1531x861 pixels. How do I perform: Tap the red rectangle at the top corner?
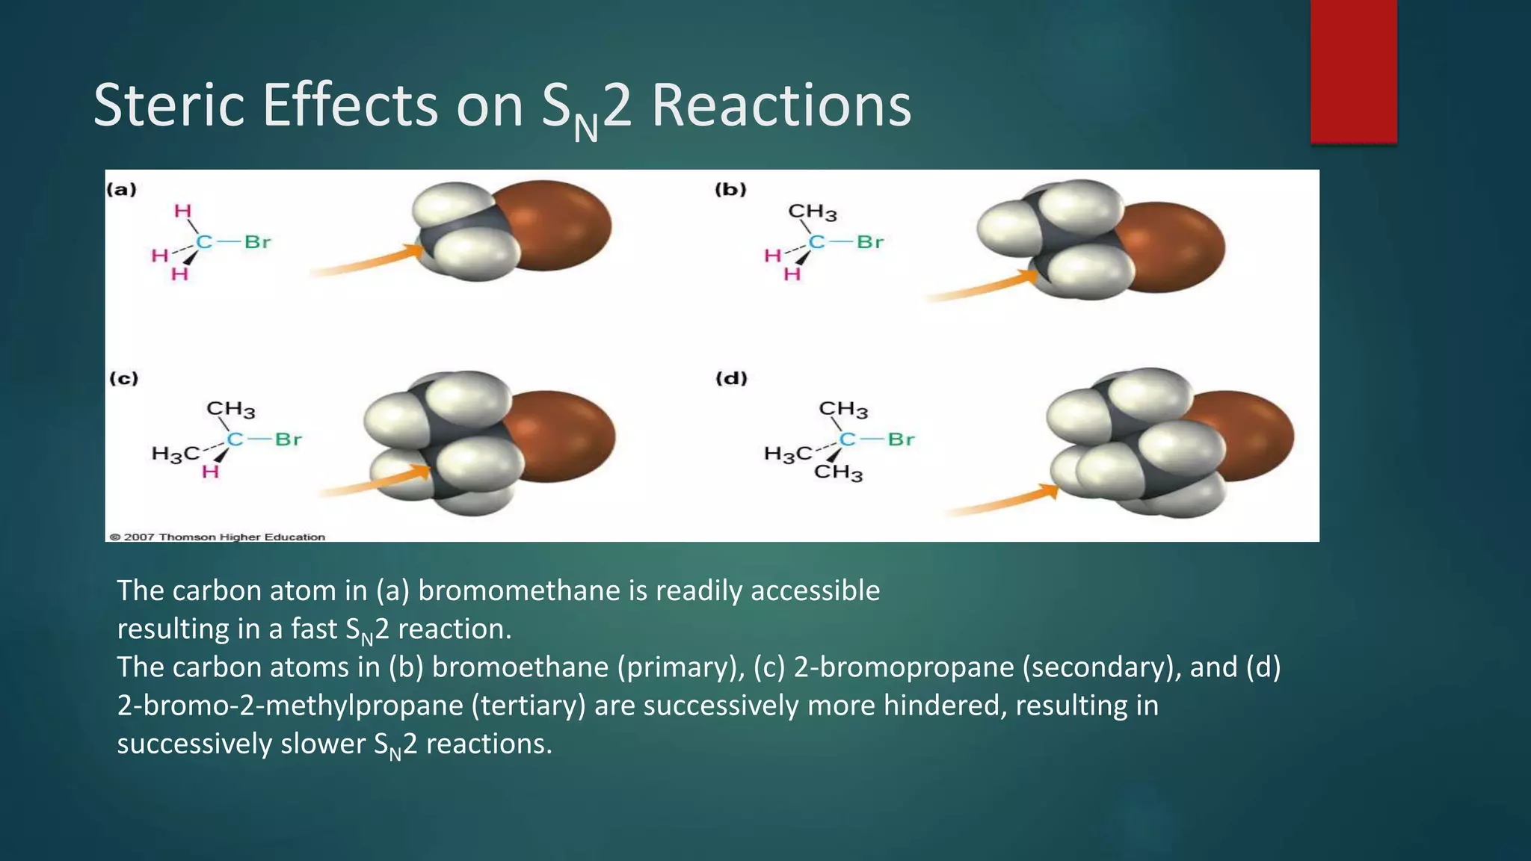click(x=1353, y=70)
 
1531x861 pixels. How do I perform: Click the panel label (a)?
click(x=121, y=190)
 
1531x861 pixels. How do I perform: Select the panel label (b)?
click(x=730, y=190)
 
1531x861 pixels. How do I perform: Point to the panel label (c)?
click(x=123, y=378)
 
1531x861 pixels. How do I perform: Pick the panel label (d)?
click(x=731, y=378)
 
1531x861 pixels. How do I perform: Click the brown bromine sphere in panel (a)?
click(x=561, y=224)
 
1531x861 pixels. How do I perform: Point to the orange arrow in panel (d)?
click(x=1002, y=502)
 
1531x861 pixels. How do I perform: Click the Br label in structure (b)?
click(x=870, y=242)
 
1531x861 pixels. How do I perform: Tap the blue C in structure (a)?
click(x=204, y=242)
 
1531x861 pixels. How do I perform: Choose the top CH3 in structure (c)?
click(x=230, y=410)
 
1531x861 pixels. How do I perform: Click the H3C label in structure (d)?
click(x=787, y=454)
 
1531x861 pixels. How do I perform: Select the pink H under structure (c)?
click(x=210, y=472)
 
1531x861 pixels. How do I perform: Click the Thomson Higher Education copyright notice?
click(x=218, y=537)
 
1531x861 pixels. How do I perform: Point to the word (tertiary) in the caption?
click(x=528, y=706)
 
